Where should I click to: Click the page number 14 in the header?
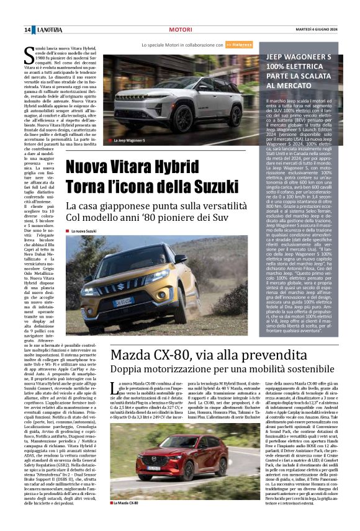28,30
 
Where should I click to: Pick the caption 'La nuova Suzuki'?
86,231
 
